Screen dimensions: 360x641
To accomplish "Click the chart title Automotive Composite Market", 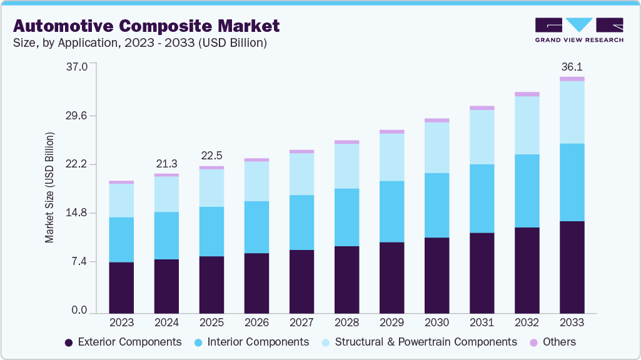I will click(146, 26).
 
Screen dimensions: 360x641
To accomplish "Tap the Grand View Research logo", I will click(579, 30).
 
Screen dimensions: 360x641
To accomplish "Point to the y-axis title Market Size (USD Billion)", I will click(49, 187).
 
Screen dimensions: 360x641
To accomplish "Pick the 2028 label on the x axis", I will click(346, 322).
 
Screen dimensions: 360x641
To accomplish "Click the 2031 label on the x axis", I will click(482, 322).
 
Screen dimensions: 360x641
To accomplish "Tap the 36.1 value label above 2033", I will click(572, 67).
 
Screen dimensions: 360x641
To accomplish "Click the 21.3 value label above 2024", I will click(166, 164).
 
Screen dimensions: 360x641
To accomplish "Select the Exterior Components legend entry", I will click(123, 342).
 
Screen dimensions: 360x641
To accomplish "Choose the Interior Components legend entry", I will click(251, 342).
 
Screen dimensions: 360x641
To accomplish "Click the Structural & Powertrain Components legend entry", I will click(419, 342).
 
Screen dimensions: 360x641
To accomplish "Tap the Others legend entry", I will click(553, 342).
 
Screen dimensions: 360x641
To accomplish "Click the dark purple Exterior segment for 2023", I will click(121, 287).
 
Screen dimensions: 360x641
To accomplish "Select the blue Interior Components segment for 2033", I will click(572, 182).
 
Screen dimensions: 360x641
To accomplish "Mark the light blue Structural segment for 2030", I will click(437, 147).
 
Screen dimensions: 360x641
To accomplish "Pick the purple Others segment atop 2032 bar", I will click(527, 94).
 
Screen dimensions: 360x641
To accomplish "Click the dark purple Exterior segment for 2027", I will click(301, 281).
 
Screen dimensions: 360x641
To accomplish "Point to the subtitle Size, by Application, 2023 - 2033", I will click(141, 42).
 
